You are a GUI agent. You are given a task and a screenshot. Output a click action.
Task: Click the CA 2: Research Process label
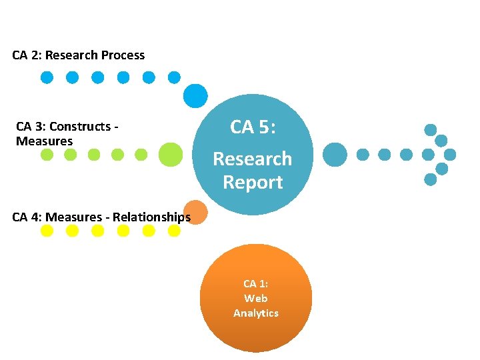78,55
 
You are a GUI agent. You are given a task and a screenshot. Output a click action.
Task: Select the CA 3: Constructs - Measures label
67,133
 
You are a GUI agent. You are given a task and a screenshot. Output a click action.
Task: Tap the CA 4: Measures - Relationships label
101,217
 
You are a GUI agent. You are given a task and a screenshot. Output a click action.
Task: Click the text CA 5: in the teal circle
252,127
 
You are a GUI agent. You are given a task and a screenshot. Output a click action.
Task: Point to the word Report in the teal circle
253,182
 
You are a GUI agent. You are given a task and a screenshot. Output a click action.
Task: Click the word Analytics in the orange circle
256,313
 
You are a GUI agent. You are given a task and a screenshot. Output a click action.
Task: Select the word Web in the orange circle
256,299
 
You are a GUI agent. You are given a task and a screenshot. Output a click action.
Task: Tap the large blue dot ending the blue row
195,95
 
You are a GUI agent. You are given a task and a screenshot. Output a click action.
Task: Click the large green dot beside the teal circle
171,154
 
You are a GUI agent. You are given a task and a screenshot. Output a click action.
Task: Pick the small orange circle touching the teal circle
195,212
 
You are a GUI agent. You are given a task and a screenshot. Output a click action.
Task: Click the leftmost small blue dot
47,77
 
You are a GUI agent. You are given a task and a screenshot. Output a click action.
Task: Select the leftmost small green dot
47,155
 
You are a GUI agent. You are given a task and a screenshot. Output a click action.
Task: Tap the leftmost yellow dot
47,231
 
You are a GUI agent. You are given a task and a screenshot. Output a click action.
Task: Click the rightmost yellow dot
174,231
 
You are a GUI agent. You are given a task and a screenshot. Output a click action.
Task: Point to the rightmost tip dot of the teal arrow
450,155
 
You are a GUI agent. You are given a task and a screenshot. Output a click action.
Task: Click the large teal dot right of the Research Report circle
335,155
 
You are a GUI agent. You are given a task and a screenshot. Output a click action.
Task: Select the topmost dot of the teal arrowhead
431,130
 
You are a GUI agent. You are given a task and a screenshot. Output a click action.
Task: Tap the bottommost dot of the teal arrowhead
431,179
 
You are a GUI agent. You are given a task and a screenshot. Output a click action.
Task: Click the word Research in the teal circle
252,159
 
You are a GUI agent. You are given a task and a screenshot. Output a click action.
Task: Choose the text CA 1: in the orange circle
256,284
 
